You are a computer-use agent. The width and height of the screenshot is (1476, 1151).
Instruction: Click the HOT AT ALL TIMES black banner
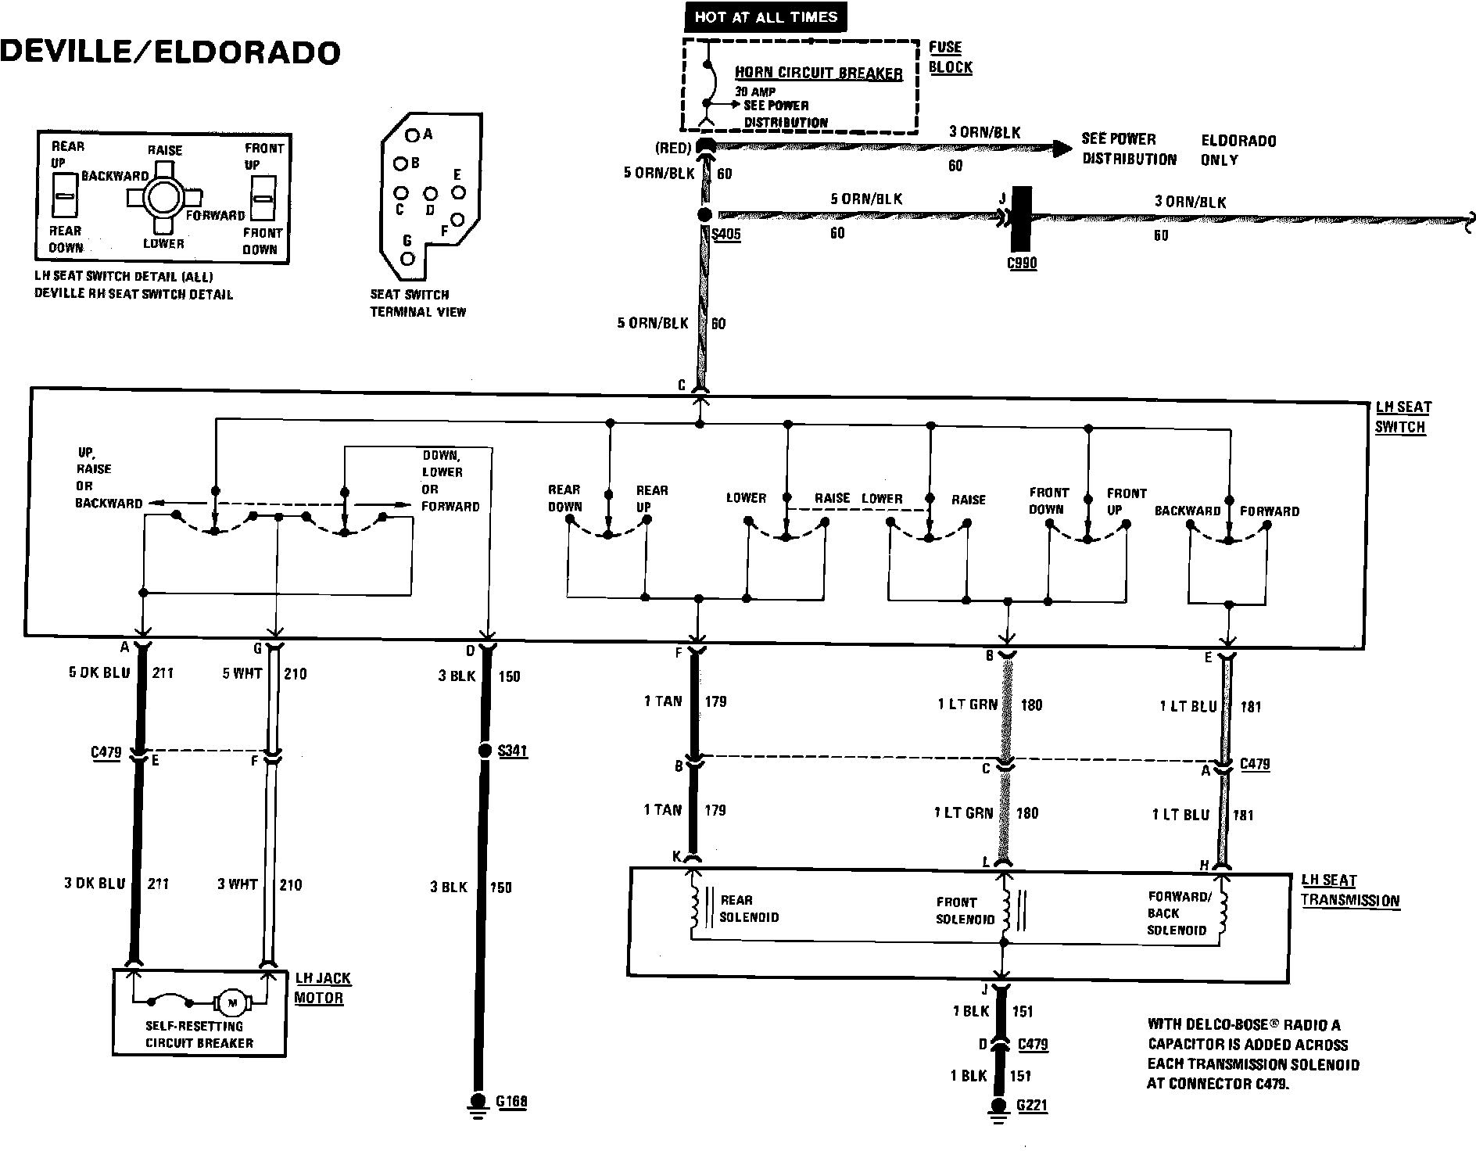coord(765,16)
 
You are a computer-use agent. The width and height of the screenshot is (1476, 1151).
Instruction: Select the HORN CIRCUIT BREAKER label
coord(819,74)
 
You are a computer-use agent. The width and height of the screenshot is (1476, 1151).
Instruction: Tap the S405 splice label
coord(725,234)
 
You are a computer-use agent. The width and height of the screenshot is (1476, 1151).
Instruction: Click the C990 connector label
coord(1022,263)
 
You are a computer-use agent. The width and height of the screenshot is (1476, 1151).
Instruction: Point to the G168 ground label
coord(511,1102)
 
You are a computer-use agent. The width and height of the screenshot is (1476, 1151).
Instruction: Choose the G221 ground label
coord(1032,1105)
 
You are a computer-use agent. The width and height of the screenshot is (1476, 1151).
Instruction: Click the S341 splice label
coord(512,751)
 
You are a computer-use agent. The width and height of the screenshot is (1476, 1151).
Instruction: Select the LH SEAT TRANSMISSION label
coord(1350,891)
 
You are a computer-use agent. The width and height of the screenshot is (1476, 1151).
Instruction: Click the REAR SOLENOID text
coord(748,909)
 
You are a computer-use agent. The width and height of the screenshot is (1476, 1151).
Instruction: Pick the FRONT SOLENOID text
coord(965,911)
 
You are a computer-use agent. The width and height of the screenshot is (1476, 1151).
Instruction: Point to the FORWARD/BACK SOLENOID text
coord(1177,913)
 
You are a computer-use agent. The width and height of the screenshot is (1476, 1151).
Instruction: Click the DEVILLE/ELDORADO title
coord(170,52)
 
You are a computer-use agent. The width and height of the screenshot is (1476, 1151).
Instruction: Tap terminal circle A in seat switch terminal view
coord(412,134)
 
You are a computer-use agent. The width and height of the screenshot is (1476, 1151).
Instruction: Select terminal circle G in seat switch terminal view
coord(407,258)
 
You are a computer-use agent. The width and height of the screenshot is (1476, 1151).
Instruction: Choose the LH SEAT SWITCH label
coord(1403,417)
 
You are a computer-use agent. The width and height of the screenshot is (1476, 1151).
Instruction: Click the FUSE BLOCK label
coord(950,57)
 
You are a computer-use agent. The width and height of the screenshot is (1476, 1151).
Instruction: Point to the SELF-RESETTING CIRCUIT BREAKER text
coord(199,1034)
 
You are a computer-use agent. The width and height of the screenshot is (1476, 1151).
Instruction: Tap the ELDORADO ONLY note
coord(1238,150)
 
